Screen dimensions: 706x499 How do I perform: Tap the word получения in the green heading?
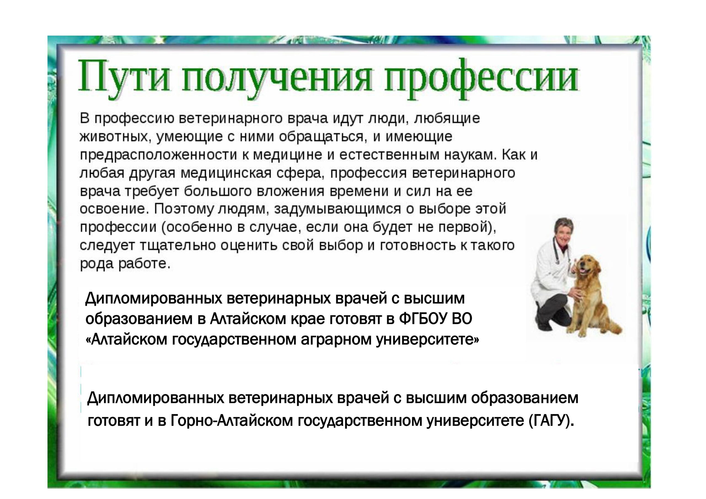pyautogui.click(x=276, y=79)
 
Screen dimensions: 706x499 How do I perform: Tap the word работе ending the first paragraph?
pyautogui.click(x=144, y=264)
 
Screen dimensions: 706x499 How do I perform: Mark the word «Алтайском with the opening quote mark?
pyautogui.click(x=126, y=340)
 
